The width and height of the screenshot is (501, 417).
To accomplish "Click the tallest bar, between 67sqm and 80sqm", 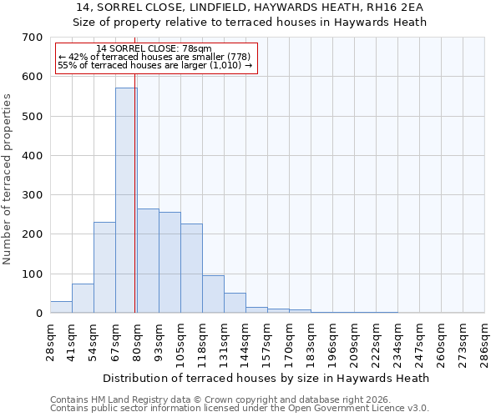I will pyautogui.click(x=126, y=200).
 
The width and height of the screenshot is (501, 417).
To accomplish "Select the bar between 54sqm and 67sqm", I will pyautogui.click(x=104, y=267).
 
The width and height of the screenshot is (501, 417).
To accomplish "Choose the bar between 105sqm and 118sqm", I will pyautogui.click(x=191, y=268).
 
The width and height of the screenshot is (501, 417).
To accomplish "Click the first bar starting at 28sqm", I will pyautogui.click(x=61, y=306).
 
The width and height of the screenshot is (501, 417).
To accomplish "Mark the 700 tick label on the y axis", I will pyautogui.click(x=32, y=38).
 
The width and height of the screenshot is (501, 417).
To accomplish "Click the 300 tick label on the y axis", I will pyautogui.click(x=32, y=195).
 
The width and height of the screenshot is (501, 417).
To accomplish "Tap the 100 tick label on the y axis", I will pyautogui.click(x=32, y=274).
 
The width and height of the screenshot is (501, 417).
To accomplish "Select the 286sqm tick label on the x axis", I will pyautogui.click(x=484, y=343).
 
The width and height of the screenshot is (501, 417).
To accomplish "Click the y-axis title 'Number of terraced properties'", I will pyautogui.click(x=8, y=179).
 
